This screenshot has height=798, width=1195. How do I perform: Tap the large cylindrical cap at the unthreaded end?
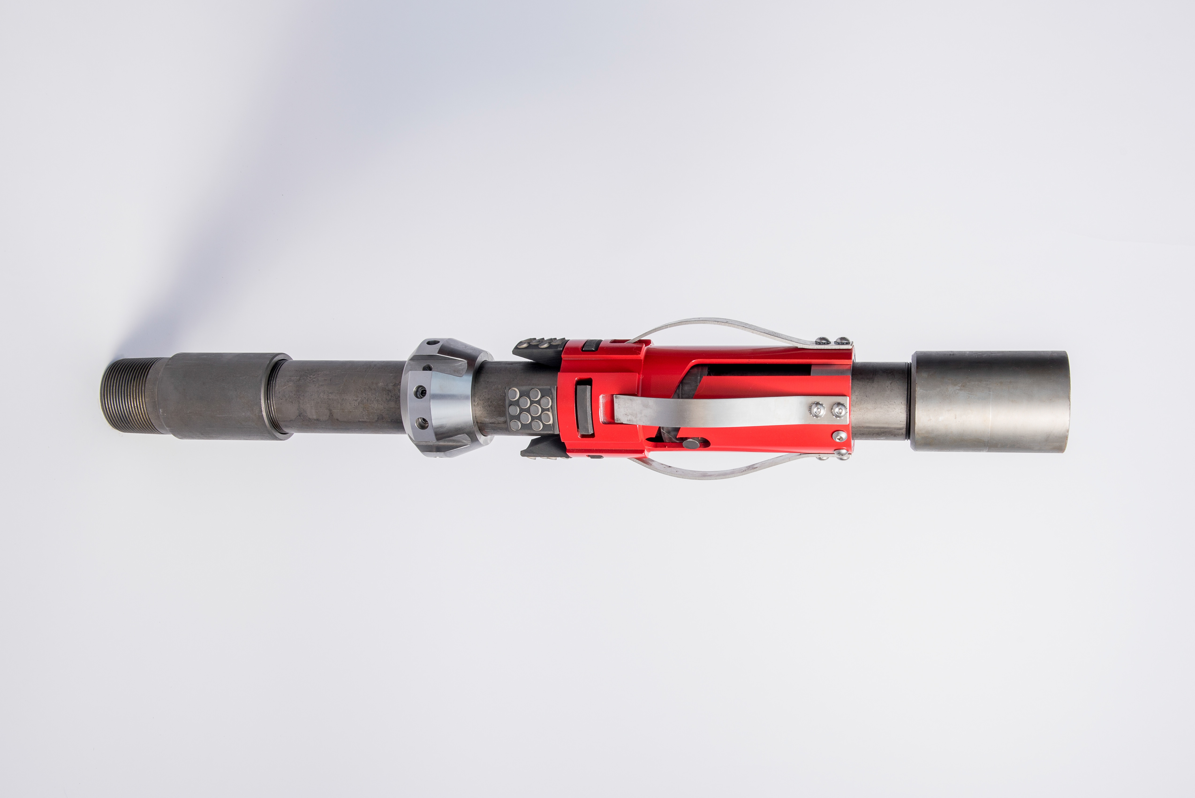990,401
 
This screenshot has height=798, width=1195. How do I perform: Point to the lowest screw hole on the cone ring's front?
421,422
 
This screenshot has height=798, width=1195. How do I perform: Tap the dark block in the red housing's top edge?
592,346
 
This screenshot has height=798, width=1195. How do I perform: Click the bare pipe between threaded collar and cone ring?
346,397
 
